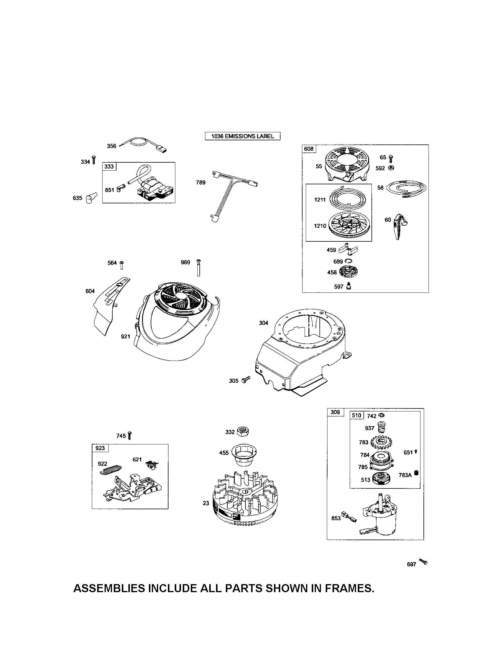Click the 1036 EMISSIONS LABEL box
coord(242,136)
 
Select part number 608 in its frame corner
coord(308,149)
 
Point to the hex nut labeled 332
coord(243,432)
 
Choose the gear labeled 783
coord(382,442)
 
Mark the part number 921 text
coord(125,336)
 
